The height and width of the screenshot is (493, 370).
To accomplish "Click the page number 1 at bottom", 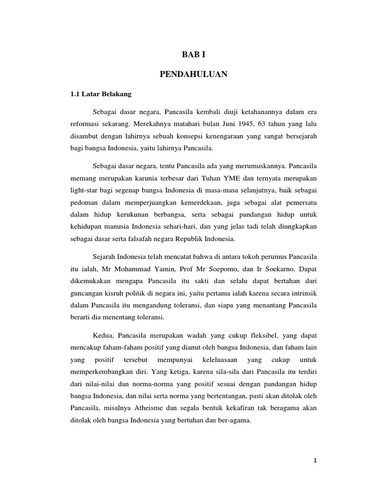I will click(x=315, y=460).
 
